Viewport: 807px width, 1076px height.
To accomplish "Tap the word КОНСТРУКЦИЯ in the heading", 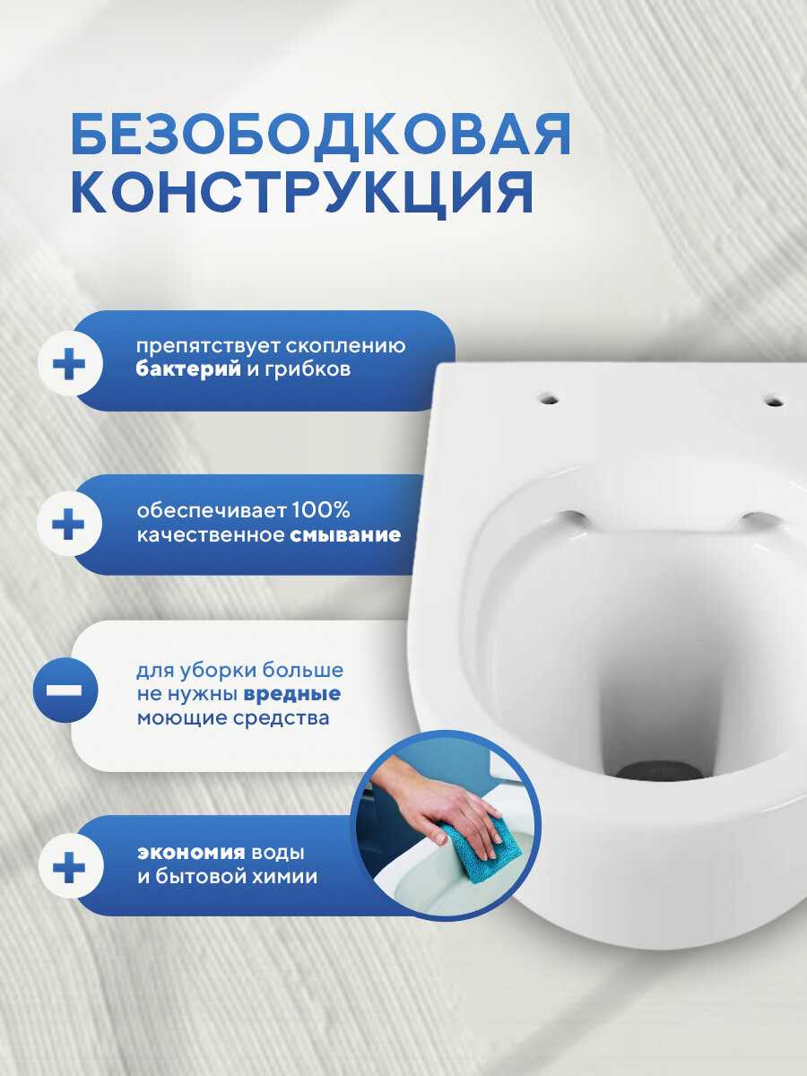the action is [x=302, y=192].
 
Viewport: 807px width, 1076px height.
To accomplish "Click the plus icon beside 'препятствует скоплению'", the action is [x=70, y=364].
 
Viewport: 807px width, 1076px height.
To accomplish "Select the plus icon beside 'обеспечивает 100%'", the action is [x=69, y=524].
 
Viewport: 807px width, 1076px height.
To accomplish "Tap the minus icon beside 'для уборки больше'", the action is [x=65, y=690].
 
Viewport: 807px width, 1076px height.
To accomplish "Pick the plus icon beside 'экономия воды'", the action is [x=70, y=868].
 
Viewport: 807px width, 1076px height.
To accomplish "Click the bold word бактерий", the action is [x=188, y=369].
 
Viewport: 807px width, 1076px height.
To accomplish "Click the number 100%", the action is [x=321, y=510].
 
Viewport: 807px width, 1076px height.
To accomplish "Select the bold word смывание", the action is [x=345, y=535].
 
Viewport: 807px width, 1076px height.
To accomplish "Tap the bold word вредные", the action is [x=292, y=694].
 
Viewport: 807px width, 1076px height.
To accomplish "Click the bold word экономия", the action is [x=191, y=853].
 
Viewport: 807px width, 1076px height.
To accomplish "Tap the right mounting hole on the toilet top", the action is [x=775, y=401].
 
